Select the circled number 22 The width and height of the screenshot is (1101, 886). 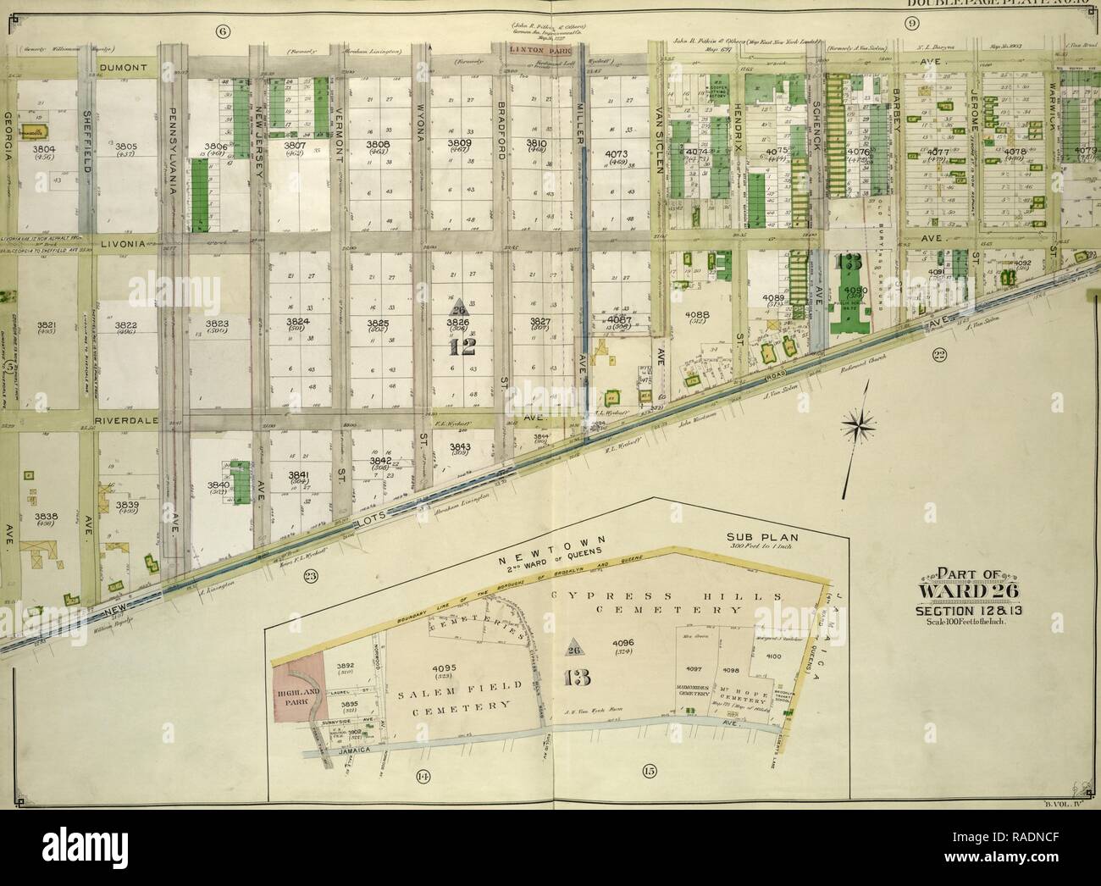coord(939,355)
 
